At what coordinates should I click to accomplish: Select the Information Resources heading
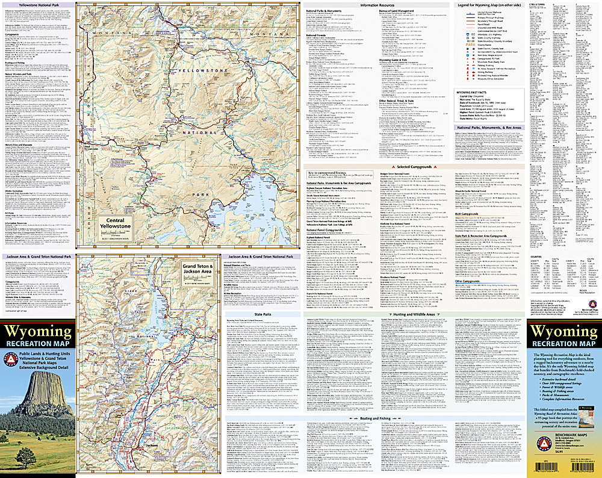click(x=377, y=5)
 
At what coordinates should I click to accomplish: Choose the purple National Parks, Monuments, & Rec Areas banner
click(x=489, y=128)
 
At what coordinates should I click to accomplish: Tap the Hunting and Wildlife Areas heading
click(x=413, y=314)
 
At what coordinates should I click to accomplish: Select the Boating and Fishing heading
click(x=376, y=418)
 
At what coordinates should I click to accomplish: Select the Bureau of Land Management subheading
click(x=397, y=11)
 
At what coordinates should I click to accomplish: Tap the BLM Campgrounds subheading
click(x=467, y=214)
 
